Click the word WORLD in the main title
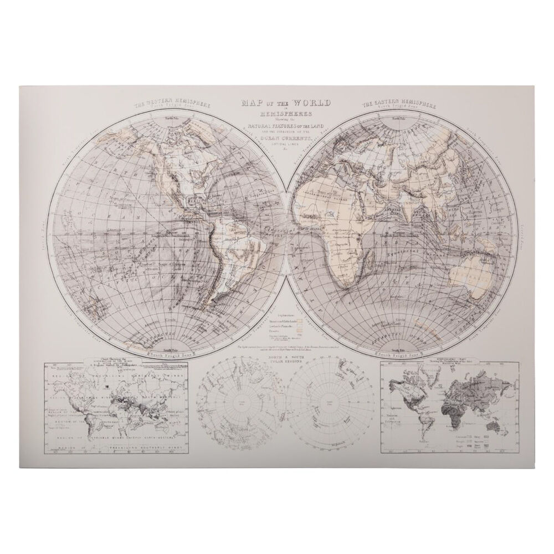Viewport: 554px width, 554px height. point(311,103)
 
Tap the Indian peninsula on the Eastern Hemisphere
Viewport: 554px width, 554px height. point(411,204)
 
